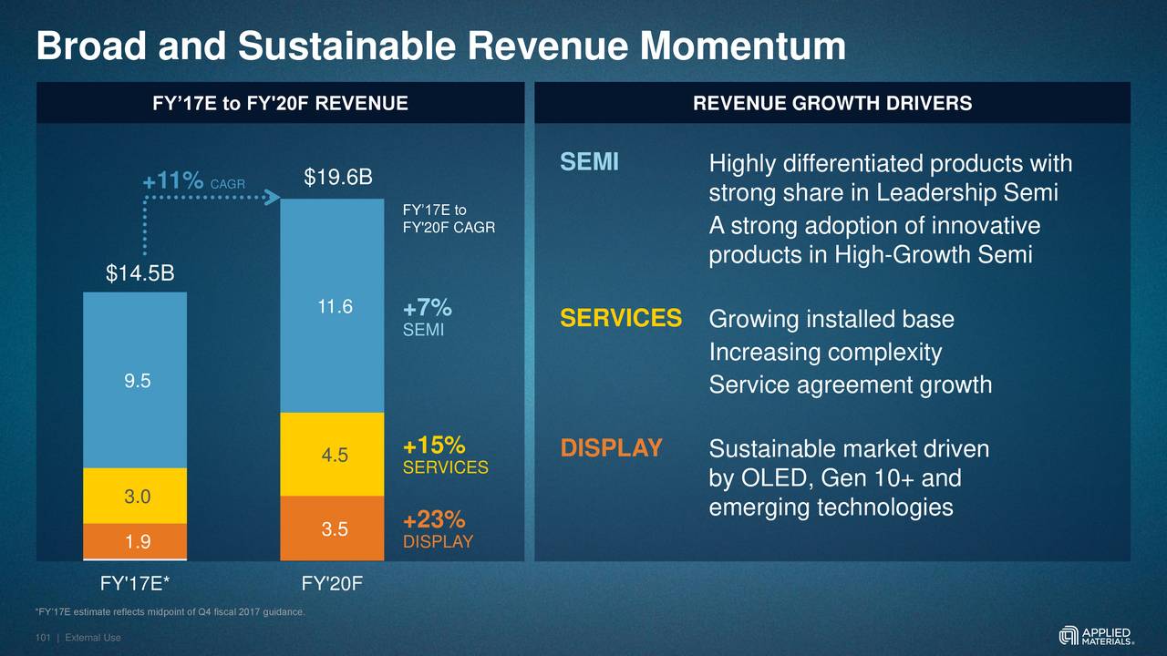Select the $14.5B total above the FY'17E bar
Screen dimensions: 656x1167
click(139, 273)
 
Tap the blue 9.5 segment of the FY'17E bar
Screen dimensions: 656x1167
click(135, 381)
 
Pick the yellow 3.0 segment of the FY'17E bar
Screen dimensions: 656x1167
click(135, 497)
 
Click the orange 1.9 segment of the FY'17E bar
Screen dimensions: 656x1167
click(135, 542)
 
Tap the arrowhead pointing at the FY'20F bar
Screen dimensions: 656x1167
click(272, 197)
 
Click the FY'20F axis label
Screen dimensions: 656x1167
click(332, 580)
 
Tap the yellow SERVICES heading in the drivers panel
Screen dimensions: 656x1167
click(620, 319)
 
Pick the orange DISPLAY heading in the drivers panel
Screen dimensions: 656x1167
click(611, 449)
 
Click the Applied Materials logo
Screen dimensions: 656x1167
click(1097, 635)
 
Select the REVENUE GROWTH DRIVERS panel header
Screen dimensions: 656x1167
click(831, 103)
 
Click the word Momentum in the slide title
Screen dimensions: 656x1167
click(742, 46)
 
